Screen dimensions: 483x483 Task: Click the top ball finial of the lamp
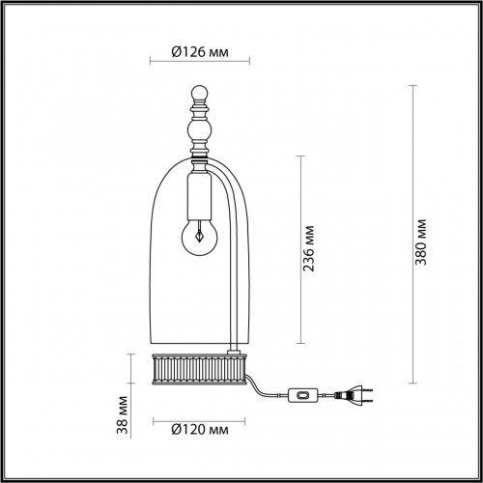(x=200, y=96)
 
